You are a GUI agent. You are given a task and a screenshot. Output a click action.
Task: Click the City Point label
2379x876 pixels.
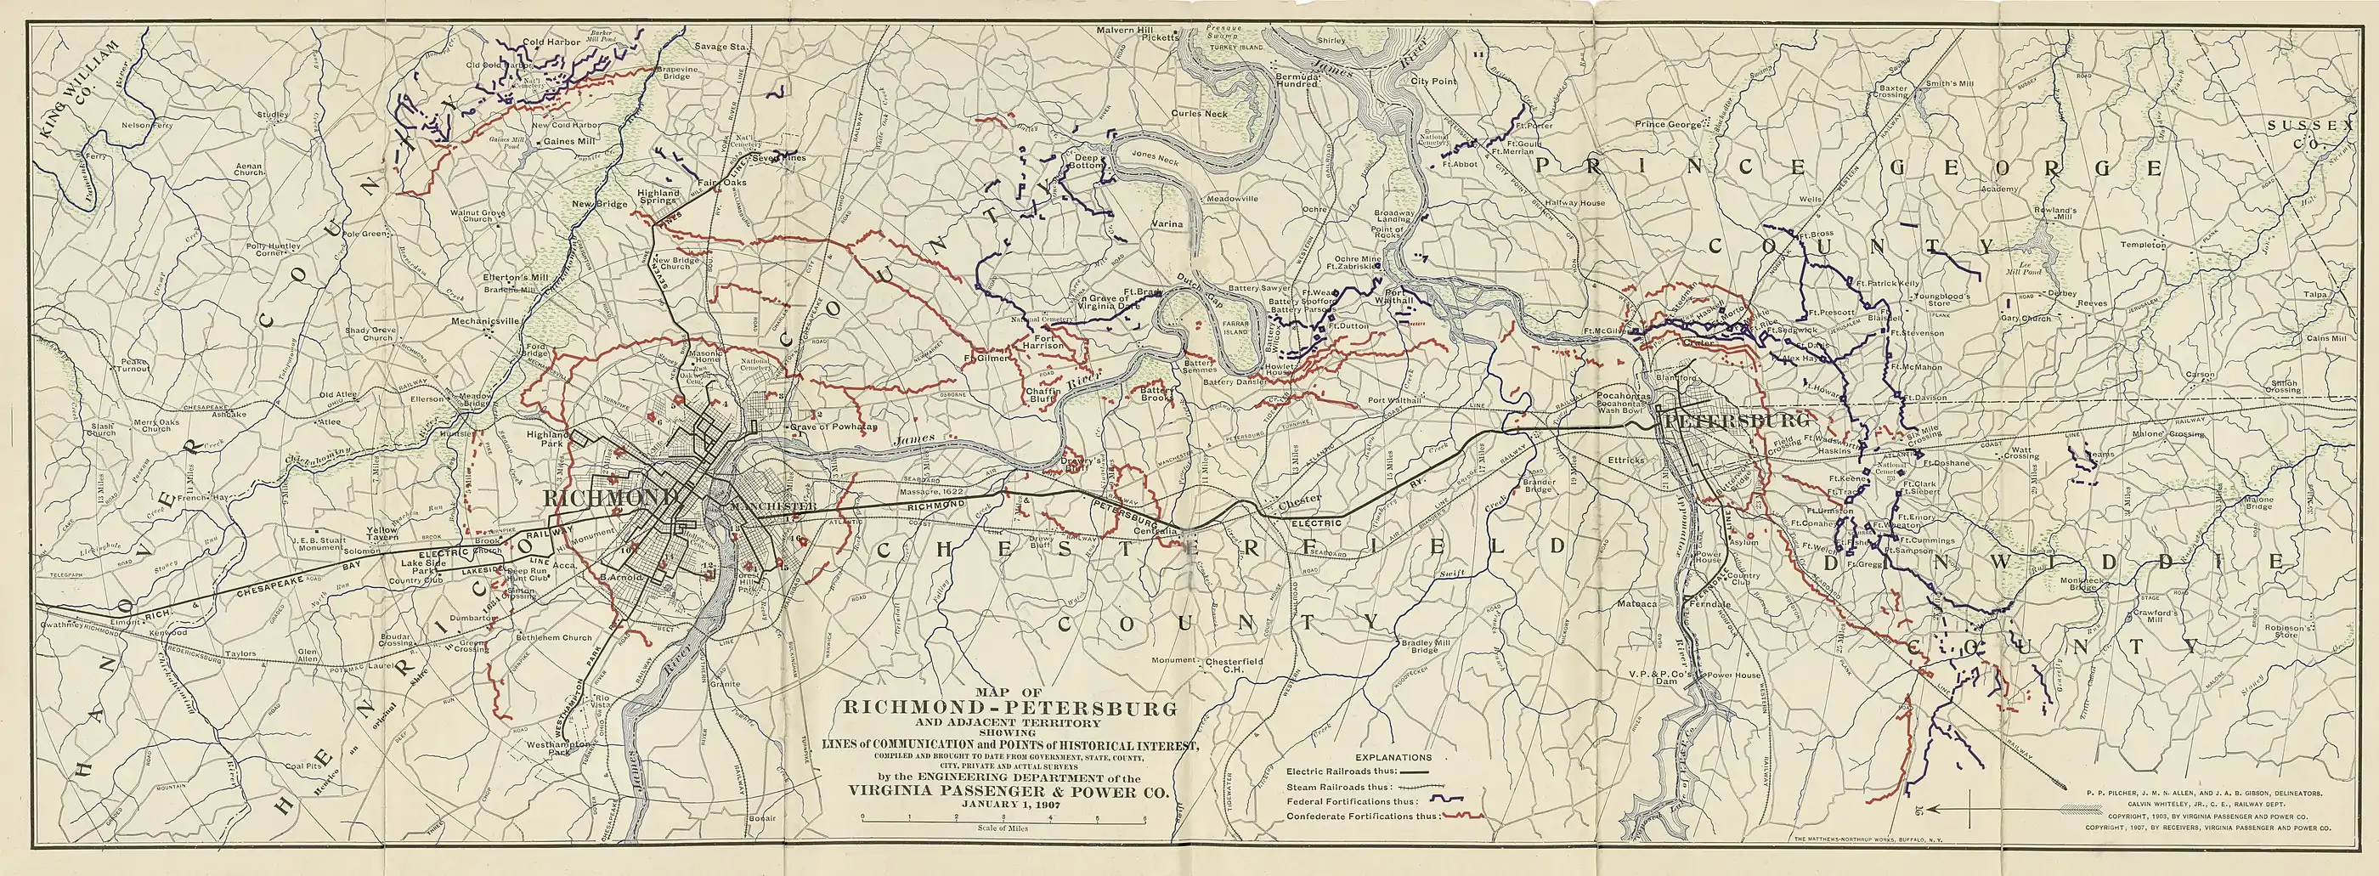click(1433, 82)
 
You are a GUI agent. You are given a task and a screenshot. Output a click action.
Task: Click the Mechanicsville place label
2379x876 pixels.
click(487, 322)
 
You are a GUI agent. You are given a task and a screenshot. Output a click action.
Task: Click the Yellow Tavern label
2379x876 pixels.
click(381, 535)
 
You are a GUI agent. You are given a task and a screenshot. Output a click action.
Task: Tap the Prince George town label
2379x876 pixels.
click(1669, 124)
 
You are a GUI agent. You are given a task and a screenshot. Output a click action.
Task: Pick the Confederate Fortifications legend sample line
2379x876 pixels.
click(1463, 816)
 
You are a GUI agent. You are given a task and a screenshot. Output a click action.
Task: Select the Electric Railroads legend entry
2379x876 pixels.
click(1358, 769)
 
